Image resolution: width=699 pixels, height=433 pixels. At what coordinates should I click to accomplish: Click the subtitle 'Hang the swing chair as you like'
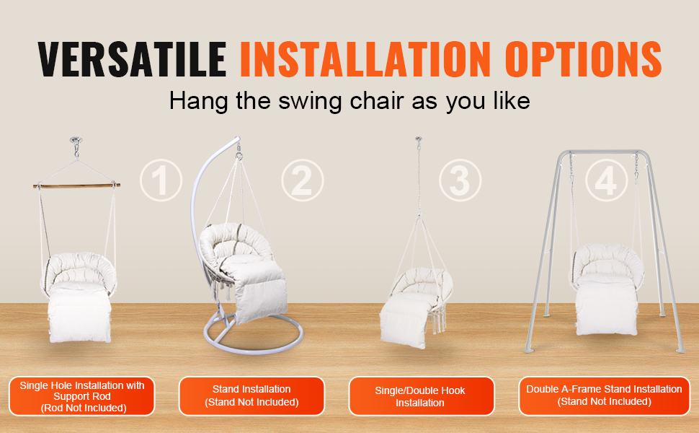pyautogui.click(x=349, y=100)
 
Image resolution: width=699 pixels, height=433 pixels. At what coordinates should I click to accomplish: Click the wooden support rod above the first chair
pyautogui.click(x=75, y=185)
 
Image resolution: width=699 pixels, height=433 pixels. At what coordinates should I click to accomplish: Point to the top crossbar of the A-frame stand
pyautogui.click(x=602, y=152)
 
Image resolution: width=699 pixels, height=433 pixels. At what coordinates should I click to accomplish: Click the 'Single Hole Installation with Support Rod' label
pyautogui.click(x=82, y=396)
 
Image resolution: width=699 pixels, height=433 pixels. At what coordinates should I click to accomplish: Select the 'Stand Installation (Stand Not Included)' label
pyautogui.click(x=251, y=395)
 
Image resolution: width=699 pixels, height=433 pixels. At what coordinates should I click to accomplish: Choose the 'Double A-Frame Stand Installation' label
pyautogui.click(x=604, y=395)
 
